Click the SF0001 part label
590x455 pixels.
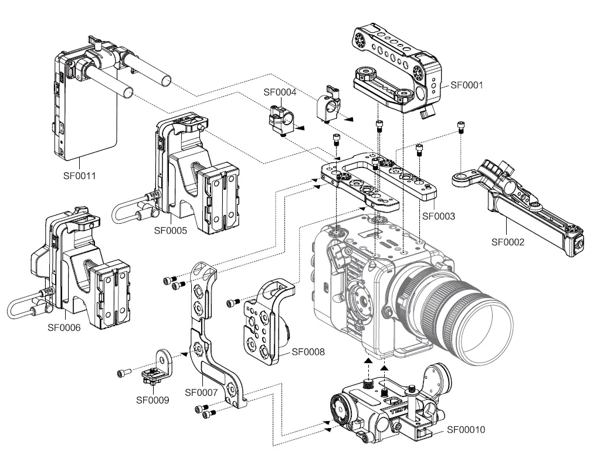pos(466,84)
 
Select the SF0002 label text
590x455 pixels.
pos(507,241)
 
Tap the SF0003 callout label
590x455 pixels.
pos(439,215)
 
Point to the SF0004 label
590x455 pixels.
pos(280,92)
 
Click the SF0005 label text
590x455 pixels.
pos(171,231)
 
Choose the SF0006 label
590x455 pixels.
pos(64,327)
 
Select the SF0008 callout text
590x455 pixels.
pos(308,352)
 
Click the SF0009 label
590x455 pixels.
pos(152,401)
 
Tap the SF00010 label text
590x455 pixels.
pos(466,429)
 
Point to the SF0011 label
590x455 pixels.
pos(79,175)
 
